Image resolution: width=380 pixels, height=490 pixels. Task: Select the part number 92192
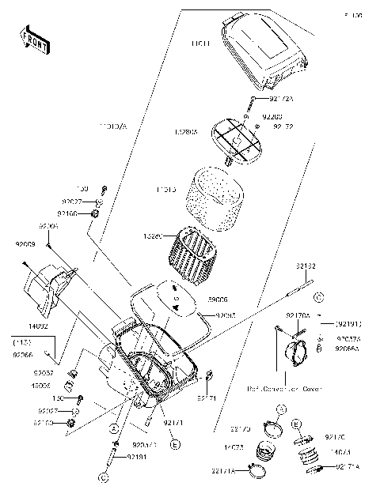(x=307, y=267)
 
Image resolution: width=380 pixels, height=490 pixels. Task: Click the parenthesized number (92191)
(x=348, y=323)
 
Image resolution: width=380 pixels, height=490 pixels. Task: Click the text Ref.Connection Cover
(x=284, y=389)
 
